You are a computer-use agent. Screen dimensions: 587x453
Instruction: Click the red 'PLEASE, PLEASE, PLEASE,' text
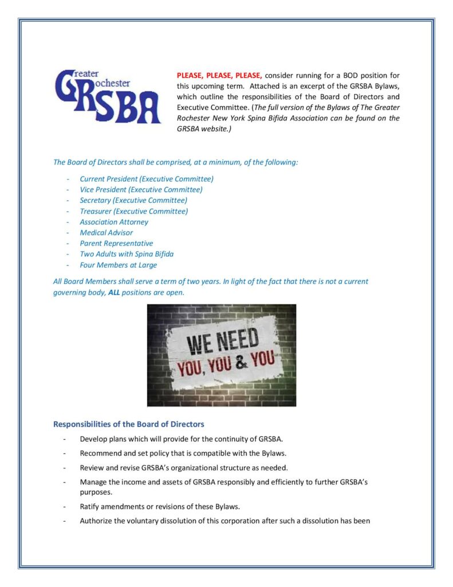(x=219, y=76)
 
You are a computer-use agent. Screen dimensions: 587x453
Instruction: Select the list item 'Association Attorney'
(x=114, y=222)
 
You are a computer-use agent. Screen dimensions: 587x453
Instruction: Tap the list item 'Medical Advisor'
(x=106, y=233)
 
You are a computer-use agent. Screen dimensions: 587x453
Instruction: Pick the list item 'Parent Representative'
(x=116, y=243)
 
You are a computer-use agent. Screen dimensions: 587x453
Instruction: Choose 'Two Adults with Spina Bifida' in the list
(x=127, y=254)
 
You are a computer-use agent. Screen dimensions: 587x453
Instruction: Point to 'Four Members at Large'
(x=118, y=265)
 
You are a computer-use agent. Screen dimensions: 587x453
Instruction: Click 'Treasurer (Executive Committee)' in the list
(x=133, y=211)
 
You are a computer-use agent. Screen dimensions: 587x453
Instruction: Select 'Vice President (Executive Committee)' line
(x=141, y=190)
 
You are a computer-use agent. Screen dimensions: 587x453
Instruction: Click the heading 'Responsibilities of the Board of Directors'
(x=129, y=425)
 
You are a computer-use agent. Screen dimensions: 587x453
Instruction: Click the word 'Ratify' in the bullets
(x=90, y=507)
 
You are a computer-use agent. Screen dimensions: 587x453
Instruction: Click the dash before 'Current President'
(x=68, y=179)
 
